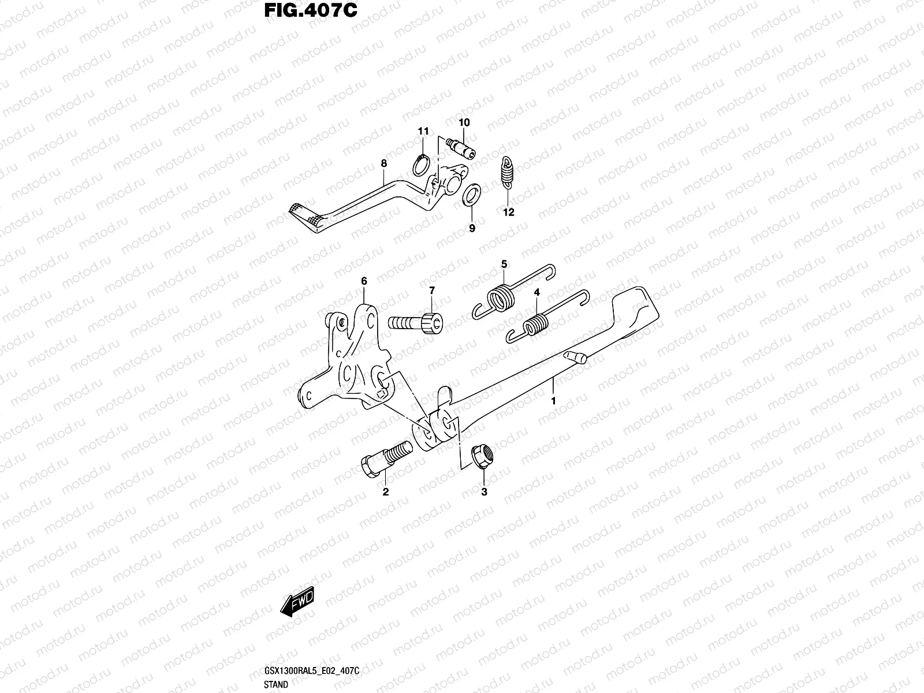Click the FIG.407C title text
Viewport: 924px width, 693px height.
(311, 10)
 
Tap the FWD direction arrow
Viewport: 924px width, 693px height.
(297, 601)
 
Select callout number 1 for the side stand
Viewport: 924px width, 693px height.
(554, 401)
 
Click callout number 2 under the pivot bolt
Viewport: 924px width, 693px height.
(385, 491)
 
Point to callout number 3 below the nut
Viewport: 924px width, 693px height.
(484, 491)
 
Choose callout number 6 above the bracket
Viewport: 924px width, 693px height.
(364, 281)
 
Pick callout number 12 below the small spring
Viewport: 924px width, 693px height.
(509, 212)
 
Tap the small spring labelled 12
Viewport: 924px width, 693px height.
(507, 173)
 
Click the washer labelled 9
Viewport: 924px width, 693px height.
(471, 195)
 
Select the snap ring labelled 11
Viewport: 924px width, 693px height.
(421, 165)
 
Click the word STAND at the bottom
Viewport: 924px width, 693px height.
(276, 684)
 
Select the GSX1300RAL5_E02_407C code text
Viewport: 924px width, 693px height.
(311, 670)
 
